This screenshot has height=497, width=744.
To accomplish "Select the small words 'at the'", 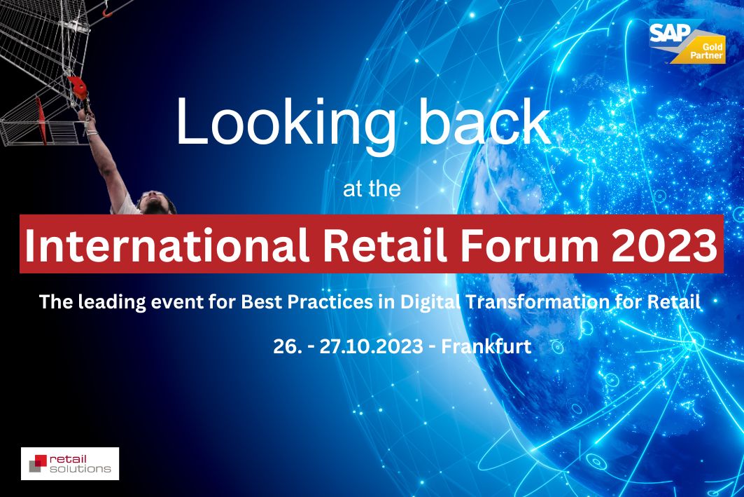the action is (372, 189).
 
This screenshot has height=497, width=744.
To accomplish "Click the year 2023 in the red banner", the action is (664, 245).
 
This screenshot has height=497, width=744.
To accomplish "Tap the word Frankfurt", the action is (486, 346).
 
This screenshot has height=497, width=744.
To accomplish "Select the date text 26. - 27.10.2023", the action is (348, 346).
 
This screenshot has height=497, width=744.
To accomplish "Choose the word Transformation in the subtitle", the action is (538, 301).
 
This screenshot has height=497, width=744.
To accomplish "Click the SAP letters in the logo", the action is (670, 32).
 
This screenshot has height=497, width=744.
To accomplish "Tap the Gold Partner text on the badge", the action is (707, 51).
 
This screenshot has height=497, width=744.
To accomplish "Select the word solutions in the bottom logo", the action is (80, 468).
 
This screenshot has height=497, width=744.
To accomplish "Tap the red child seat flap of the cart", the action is (42, 121).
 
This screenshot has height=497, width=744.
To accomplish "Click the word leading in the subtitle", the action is (112, 303).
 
